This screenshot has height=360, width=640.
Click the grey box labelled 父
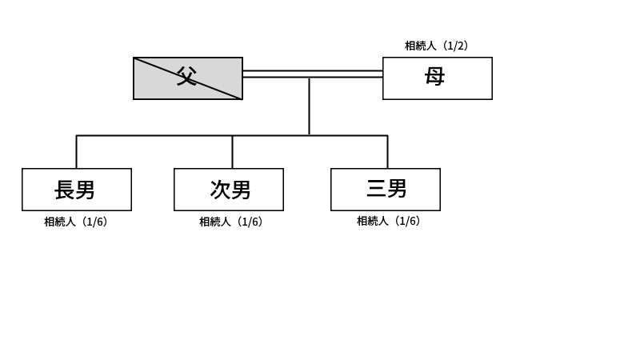point(187,78)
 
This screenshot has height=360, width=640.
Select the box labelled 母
point(437,78)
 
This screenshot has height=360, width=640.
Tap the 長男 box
point(77,190)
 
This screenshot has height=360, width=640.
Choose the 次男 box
point(229,190)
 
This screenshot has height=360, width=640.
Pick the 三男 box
point(386,190)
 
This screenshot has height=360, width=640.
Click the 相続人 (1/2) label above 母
point(436,46)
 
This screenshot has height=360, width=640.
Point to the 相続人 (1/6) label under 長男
point(75,222)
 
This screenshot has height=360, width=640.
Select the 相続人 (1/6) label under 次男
point(230,222)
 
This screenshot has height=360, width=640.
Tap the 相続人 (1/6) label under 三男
point(388,221)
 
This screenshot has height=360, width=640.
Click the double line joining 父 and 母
point(312,74)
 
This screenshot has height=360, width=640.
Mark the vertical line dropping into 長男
point(77,152)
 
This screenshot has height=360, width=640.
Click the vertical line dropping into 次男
point(233,152)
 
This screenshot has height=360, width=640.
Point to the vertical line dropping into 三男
point(388,152)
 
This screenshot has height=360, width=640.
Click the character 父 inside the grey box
point(186,77)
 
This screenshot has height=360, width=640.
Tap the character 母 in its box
point(435,77)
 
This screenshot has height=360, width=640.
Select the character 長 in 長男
point(65,190)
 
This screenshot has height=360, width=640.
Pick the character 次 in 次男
point(220,190)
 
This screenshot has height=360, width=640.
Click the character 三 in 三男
point(376,189)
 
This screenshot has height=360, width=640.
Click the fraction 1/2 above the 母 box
point(457,46)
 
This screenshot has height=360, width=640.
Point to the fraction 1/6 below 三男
point(408,221)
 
